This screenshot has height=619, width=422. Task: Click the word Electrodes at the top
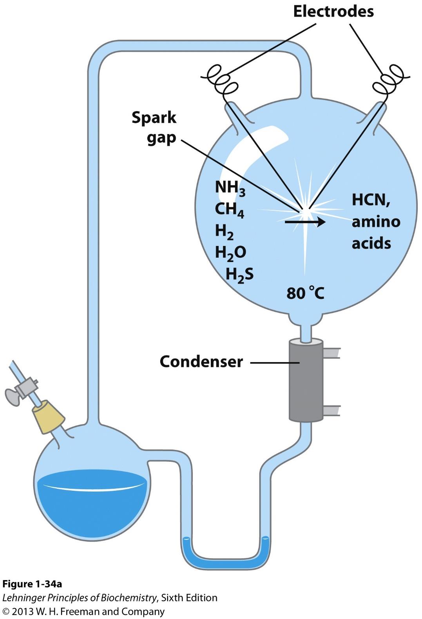tap(333, 12)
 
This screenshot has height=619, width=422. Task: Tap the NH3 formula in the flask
tap(230, 188)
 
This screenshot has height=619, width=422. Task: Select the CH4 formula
tap(229, 209)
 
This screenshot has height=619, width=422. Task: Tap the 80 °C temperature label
tap(305, 293)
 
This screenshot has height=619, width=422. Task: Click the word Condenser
tap(201, 362)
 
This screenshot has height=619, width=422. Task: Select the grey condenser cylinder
tap(306, 381)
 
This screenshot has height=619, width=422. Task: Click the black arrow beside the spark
tap(305, 222)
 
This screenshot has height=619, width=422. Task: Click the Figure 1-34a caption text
tap(32, 584)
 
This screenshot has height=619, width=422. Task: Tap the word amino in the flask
tap(375, 222)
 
